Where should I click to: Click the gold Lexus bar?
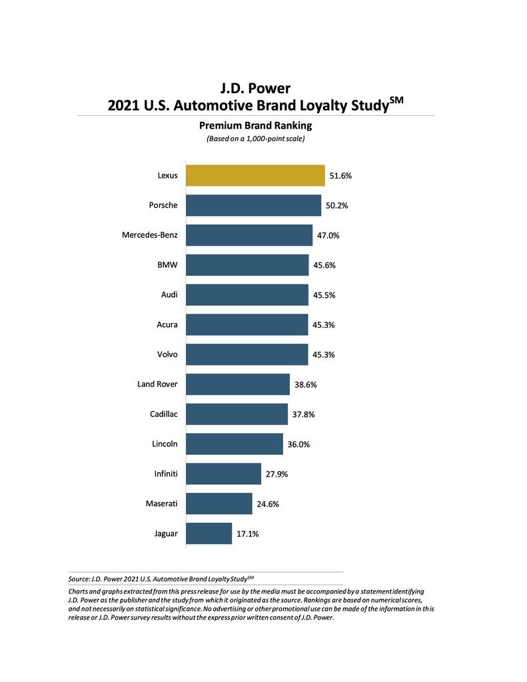(x=255, y=175)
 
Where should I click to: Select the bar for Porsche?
(x=253, y=205)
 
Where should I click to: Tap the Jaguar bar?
(x=209, y=533)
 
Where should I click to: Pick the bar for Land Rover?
(x=238, y=384)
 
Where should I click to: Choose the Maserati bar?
(x=219, y=504)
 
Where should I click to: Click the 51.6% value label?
(x=340, y=176)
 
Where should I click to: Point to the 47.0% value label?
(x=328, y=236)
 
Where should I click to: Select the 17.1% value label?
(x=247, y=534)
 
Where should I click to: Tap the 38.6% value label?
(x=305, y=385)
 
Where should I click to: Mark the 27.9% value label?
(x=276, y=474)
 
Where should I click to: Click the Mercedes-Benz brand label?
(x=150, y=234)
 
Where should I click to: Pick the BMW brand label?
(x=167, y=264)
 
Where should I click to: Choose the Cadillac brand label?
(x=164, y=414)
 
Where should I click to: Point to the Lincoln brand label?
(x=165, y=444)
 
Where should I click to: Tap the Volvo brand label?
(x=167, y=354)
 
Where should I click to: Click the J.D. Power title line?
(x=255, y=88)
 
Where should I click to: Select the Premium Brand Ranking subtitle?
(x=255, y=125)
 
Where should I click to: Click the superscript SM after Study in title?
(x=396, y=100)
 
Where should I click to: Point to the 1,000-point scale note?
(x=255, y=139)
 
